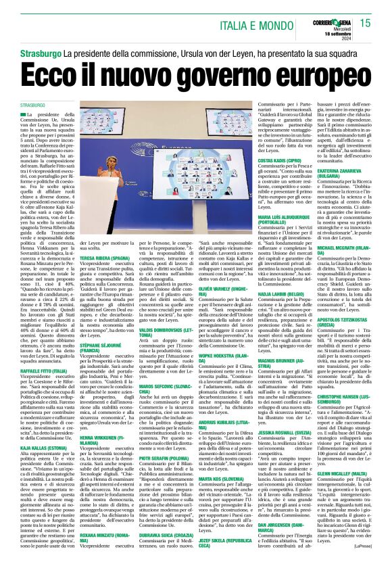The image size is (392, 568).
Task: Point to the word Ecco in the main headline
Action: (65, 74)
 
